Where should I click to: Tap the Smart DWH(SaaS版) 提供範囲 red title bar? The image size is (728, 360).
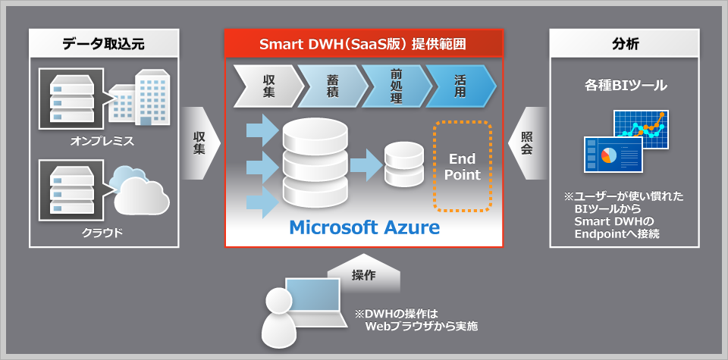[363, 43]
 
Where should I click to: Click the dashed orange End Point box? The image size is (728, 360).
[464, 165]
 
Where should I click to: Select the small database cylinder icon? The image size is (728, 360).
[403, 165]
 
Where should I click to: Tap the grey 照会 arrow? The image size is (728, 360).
[526, 142]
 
